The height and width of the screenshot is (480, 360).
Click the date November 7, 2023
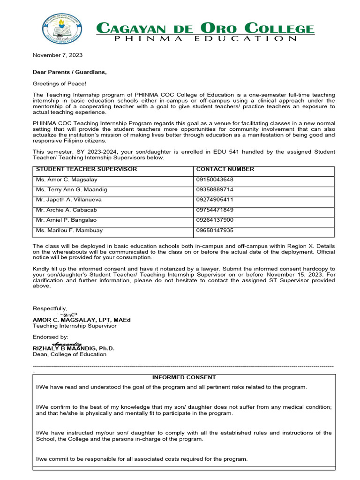click(57, 55)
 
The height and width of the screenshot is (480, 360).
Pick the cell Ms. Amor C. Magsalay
click(67, 180)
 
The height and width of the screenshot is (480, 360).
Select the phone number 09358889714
click(215, 190)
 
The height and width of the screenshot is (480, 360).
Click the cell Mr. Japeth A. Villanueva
click(69, 200)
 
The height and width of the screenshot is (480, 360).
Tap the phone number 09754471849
click(215, 210)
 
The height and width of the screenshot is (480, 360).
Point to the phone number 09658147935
click(215, 231)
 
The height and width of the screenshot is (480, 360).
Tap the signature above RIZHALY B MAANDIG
click(69, 344)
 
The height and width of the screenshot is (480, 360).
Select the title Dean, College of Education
click(69, 354)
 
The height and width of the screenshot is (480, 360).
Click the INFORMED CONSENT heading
click(184, 377)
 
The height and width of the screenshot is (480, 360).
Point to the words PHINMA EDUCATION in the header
click(206, 39)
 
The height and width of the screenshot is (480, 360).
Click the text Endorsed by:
click(50, 337)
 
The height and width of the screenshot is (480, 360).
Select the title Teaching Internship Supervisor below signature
click(75, 326)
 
